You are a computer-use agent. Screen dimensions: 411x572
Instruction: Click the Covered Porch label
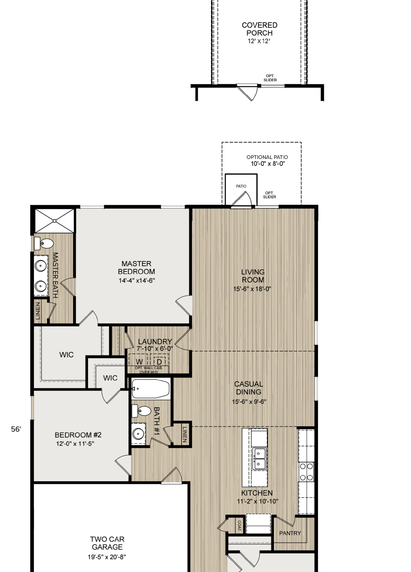point(259,29)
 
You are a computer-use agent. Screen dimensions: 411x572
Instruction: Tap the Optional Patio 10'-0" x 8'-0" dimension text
point(268,164)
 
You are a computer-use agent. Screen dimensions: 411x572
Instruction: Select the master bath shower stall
point(54,221)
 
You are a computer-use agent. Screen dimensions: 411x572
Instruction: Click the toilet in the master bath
point(44,243)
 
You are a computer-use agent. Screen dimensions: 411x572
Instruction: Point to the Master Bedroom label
point(136,267)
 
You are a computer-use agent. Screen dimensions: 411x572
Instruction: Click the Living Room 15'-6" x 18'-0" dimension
point(252,289)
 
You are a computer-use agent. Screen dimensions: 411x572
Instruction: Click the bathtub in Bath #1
point(150,389)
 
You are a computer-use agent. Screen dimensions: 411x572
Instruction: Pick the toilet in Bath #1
point(141,411)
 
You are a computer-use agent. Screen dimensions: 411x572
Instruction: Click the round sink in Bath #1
point(139,433)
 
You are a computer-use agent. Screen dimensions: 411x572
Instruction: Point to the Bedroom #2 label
point(78,435)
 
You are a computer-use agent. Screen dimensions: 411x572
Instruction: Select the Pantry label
point(290,533)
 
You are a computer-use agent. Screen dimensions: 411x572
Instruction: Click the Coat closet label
point(240,526)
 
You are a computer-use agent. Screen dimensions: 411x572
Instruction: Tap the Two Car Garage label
point(107,543)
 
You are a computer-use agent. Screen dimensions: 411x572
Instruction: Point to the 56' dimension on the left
point(16,429)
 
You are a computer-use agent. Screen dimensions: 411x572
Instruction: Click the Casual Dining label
point(249,388)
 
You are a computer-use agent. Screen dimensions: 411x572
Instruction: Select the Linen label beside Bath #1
point(185,434)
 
